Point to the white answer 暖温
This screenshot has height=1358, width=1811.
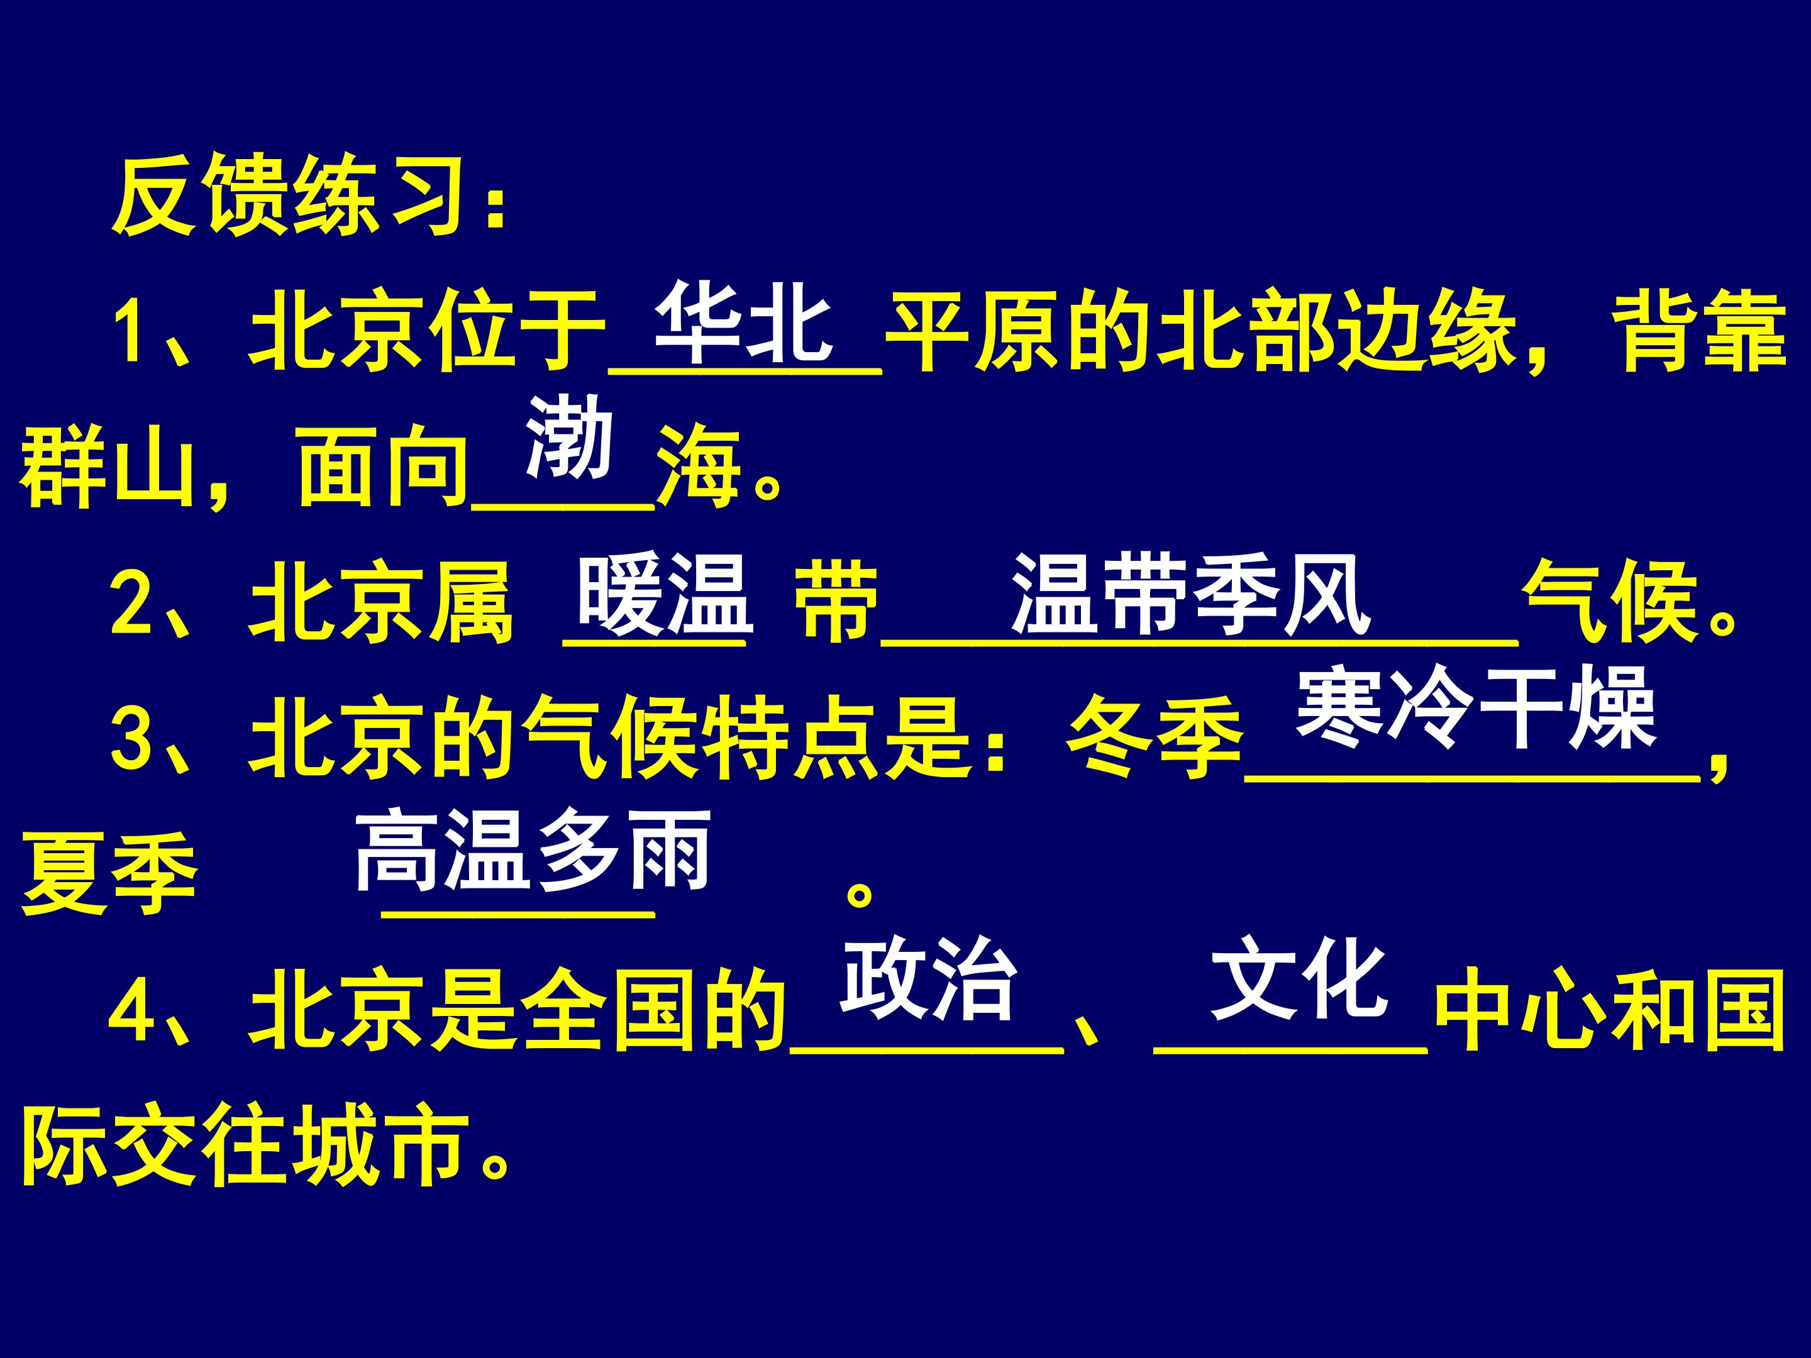[x=664, y=595]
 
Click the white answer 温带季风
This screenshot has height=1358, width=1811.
[x=1191, y=595]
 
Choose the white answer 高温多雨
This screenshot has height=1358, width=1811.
[x=532, y=851]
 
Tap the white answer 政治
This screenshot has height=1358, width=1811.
[x=929, y=979]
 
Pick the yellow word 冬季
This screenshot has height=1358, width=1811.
[x=1155, y=741]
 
